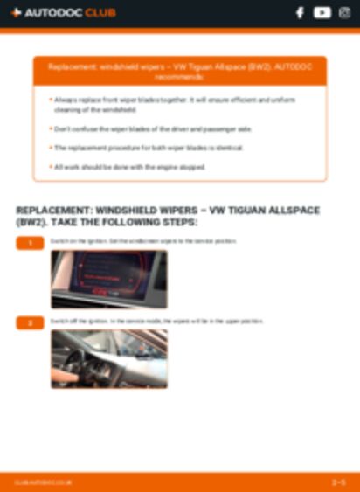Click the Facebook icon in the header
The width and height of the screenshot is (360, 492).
pyautogui.click(x=300, y=13)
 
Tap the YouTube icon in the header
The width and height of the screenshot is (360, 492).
pyautogui.click(x=322, y=13)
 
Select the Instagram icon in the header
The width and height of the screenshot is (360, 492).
pyautogui.click(x=343, y=13)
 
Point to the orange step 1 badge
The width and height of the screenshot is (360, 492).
pyautogui.click(x=29, y=242)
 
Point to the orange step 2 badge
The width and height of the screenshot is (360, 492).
pyautogui.click(x=29, y=322)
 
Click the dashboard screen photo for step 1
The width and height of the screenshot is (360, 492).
pyautogui.click(x=108, y=279)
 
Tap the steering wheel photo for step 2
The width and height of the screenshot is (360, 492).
pyautogui.click(x=108, y=358)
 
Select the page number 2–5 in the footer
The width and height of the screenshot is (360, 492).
pyautogui.click(x=338, y=482)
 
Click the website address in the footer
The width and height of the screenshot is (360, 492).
pyautogui.click(x=44, y=482)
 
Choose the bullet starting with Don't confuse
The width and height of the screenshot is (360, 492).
pyautogui.click(x=153, y=128)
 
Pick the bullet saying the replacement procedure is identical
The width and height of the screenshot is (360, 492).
pyautogui.click(x=149, y=148)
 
